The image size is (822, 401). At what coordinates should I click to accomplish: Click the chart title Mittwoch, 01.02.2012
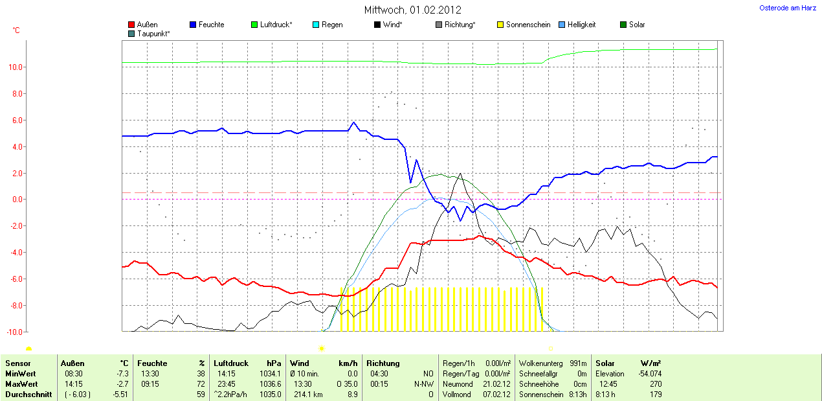pyautogui.click(x=413, y=10)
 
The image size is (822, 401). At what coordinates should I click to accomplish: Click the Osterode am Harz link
pyautogui.click(x=787, y=8)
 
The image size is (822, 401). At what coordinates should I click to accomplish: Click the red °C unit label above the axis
pyautogui.click(x=16, y=30)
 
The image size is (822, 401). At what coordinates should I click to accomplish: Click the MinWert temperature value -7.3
pyautogui.click(x=122, y=374)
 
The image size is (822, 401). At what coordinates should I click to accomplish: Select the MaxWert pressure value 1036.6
pyautogui.click(x=269, y=384)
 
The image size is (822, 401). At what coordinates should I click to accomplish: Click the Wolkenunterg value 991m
pyautogui.click(x=577, y=363)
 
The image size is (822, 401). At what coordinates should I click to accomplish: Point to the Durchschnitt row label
pyautogui.click(x=28, y=395)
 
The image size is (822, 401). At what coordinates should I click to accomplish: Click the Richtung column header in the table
pyautogui.click(x=383, y=363)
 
